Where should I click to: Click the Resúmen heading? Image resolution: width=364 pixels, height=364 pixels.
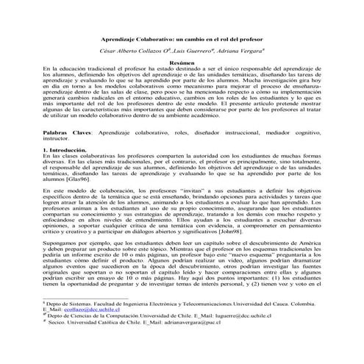[181, 63]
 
